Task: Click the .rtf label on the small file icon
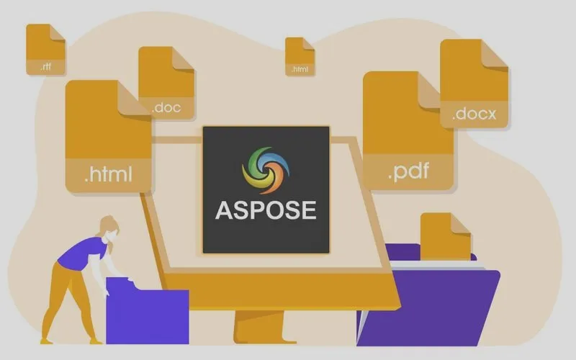click(x=46, y=67)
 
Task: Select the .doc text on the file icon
click(x=166, y=107)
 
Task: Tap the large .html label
click(x=109, y=174)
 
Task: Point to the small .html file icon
click(x=300, y=56)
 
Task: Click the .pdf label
click(x=408, y=171)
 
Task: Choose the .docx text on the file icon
click(x=474, y=114)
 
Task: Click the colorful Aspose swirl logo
click(x=266, y=170)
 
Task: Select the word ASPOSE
click(x=266, y=210)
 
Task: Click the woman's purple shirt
click(x=83, y=253)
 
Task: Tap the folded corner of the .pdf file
click(x=429, y=90)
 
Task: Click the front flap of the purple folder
click(x=428, y=308)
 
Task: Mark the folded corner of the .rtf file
click(x=58, y=32)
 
